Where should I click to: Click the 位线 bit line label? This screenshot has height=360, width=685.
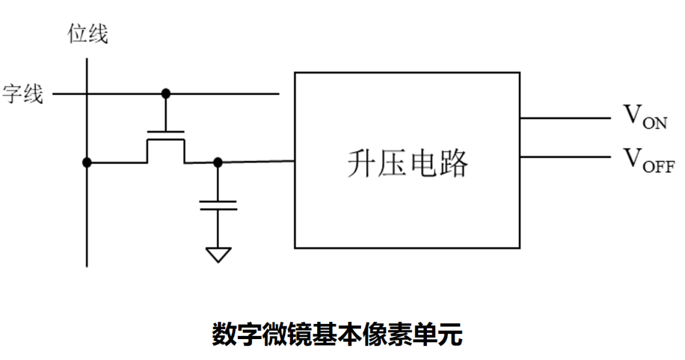click(88, 34)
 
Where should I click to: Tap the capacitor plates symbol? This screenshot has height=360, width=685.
click(218, 205)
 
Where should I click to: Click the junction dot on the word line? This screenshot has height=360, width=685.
click(166, 94)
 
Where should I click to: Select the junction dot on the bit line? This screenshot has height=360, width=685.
click(87, 162)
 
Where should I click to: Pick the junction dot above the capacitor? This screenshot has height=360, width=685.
click(218, 162)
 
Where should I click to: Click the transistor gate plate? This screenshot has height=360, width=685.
click(166, 132)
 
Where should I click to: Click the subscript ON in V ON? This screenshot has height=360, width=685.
click(655, 123)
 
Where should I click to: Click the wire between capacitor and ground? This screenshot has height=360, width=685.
click(218, 228)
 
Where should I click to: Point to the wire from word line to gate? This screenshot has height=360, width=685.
click(166, 113)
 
